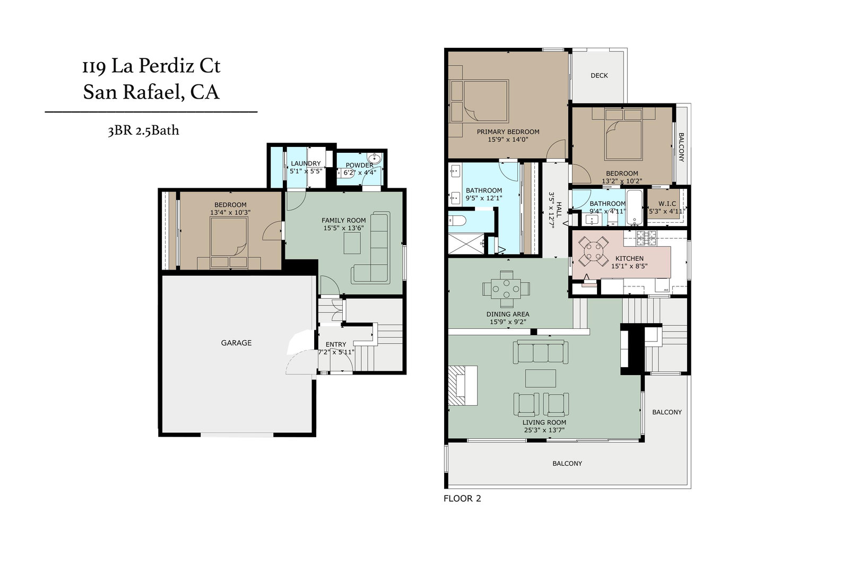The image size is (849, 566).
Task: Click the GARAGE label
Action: (x=236, y=343)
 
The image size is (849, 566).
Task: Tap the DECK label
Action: (x=599, y=75)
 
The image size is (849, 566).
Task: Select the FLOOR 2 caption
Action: (x=462, y=499)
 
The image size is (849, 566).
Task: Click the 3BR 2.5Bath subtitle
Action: (x=143, y=130)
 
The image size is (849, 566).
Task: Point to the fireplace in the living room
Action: (x=462, y=385)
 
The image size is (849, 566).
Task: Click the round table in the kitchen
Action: (x=594, y=251)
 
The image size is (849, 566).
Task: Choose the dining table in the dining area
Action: (x=506, y=289)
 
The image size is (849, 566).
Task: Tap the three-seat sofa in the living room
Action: (x=541, y=352)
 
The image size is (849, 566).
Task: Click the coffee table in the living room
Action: (x=541, y=378)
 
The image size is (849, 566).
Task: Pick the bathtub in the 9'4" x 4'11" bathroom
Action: (x=634, y=207)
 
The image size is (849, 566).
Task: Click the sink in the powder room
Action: (x=374, y=157)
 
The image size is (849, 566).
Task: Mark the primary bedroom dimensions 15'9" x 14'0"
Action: (x=508, y=140)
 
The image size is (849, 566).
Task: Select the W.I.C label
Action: (x=667, y=204)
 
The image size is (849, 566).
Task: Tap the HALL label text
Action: (x=559, y=209)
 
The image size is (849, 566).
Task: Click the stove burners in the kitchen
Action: (x=646, y=238)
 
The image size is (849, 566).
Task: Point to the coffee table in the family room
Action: (x=352, y=243)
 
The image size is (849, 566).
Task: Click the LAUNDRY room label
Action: (x=306, y=163)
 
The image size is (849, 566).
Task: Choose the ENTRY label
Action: (x=336, y=344)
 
